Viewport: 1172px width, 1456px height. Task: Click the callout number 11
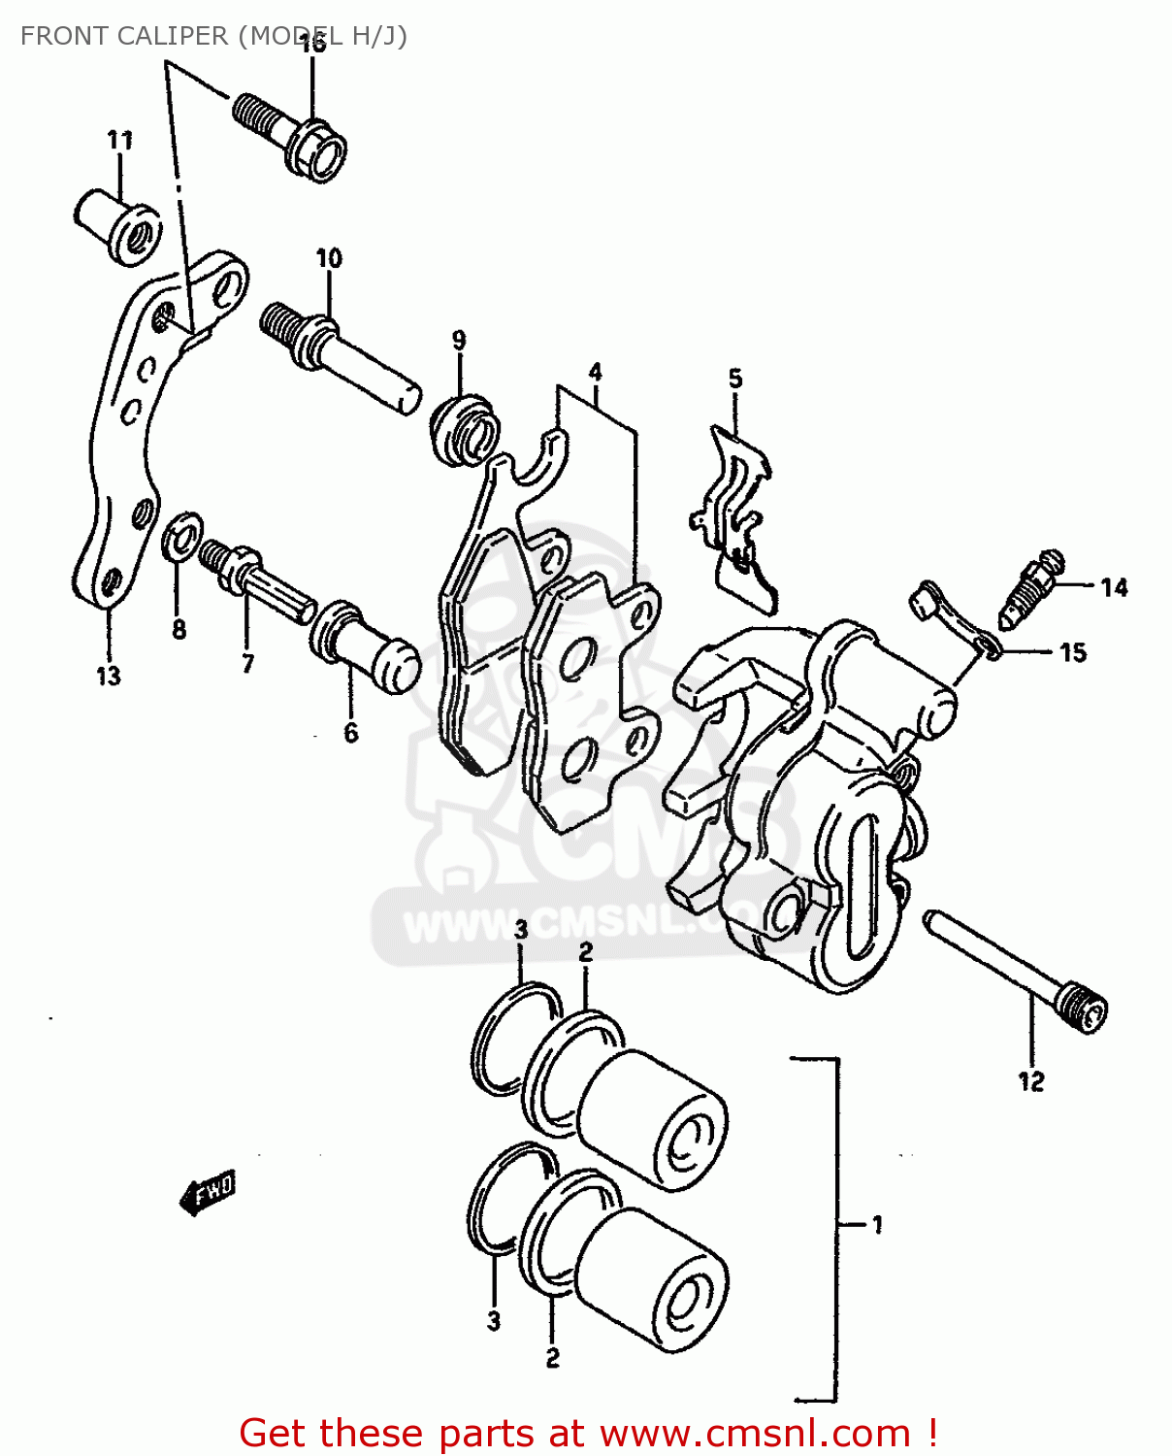pyautogui.click(x=119, y=140)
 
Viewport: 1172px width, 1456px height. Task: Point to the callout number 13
pyautogui.click(x=108, y=676)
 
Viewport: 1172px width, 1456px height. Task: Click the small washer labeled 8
pyautogui.click(x=181, y=537)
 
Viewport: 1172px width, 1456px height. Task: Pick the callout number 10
pyautogui.click(x=329, y=258)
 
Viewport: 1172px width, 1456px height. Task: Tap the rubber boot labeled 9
pyautogui.click(x=465, y=428)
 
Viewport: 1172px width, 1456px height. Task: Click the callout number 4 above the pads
pyautogui.click(x=595, y=372)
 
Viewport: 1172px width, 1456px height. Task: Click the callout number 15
pyautogui.click(x=1073, y=652)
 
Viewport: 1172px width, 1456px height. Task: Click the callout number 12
pyautogui.click(x=1030, y=1080)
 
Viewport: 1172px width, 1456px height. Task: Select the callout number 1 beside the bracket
pyautogui.click(x=877, y=1225)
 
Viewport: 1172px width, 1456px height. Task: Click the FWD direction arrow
pyautogui.click(x=207, y=1193)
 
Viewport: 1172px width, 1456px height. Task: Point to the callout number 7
pyautogui.click(x=247, y=663)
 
